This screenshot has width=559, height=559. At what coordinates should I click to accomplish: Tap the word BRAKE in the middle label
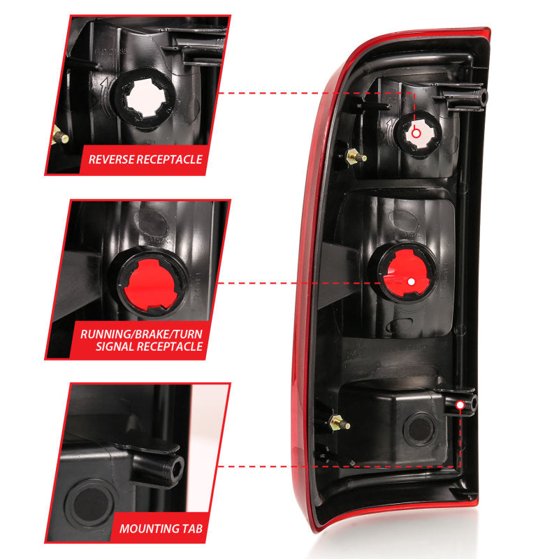154,333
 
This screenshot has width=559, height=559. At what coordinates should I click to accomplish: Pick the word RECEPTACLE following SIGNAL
167,347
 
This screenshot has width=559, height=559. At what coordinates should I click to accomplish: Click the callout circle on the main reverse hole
416,131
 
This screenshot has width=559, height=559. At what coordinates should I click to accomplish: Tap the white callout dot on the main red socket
411,281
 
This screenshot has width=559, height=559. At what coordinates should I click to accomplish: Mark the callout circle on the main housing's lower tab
460,405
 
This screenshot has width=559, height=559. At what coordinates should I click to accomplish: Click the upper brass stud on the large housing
358,157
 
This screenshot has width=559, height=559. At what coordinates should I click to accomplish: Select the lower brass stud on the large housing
340,423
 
